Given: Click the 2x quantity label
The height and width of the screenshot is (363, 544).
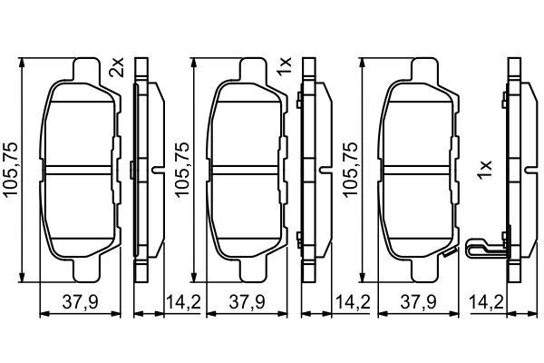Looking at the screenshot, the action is click(x=116, y=68).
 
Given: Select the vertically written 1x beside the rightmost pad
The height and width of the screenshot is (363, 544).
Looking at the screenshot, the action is click(x=485, y=170).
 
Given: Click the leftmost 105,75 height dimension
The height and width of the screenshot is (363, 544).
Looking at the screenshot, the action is click(x=10, y=170).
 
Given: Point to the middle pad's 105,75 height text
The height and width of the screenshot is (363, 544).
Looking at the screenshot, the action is click(x=182, y=170).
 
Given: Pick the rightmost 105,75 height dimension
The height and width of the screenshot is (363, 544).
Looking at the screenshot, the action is click(x=350, y=170).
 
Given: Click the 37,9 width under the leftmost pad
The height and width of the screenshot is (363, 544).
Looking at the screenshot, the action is click(x=81, y=302).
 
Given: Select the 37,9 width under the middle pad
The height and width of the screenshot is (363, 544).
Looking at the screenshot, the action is click(x=247, y=302).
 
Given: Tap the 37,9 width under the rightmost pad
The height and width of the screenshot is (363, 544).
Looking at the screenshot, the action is click(x=418, y=302).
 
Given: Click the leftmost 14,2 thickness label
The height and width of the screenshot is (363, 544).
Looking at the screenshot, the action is click(x=183, y=302).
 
